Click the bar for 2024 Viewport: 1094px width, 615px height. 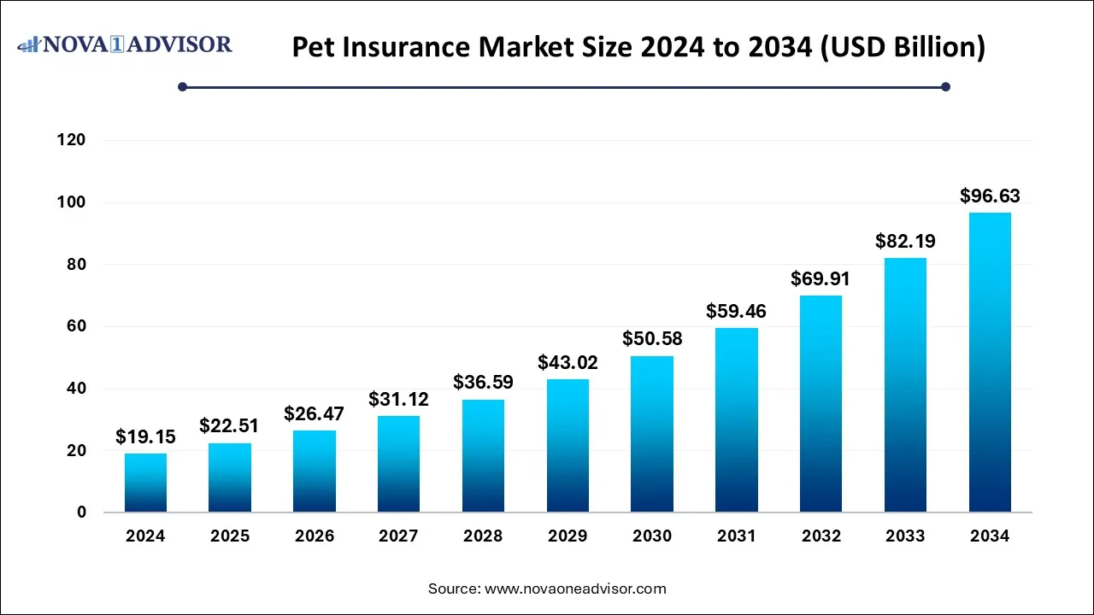145,483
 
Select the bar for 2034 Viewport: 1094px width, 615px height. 990,363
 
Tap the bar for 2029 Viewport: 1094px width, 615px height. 568,446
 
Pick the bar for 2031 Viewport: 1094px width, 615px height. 737,420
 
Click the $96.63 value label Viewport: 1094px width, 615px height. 990,196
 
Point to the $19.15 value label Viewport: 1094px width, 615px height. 145,437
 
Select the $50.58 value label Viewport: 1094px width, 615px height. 652,339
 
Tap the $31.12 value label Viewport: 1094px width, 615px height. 398,399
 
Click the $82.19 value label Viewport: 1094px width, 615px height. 905,242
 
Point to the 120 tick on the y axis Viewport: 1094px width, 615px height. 71,140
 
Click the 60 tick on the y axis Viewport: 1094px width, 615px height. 77,326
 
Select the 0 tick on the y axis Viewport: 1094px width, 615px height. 81,512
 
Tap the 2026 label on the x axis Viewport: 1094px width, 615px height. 314,536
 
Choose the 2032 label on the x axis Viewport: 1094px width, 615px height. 820,536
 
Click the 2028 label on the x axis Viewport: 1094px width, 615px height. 483,536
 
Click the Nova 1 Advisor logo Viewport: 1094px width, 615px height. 125,44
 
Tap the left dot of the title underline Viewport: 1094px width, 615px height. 182,86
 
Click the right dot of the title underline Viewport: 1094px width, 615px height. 945,86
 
